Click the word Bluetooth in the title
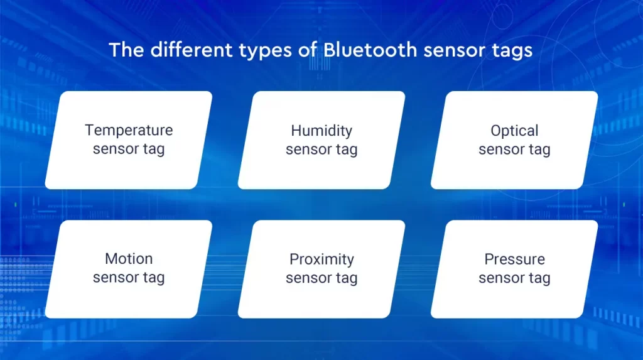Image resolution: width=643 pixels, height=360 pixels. tap(370, 50)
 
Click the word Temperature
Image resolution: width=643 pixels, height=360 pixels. tap(129, 131)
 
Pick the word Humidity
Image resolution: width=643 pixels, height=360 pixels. tap(321, 131)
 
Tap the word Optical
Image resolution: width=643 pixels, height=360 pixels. tap(514, 131)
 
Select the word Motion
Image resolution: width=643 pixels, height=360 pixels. tap(129, 259)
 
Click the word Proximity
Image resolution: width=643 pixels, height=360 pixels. tap(321, 259)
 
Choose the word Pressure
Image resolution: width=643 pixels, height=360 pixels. tap(515, 259)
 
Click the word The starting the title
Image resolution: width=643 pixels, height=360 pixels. tap(127, 50)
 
